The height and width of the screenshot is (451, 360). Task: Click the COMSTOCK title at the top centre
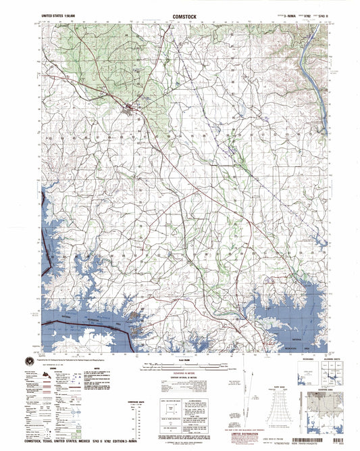coord(180,14)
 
